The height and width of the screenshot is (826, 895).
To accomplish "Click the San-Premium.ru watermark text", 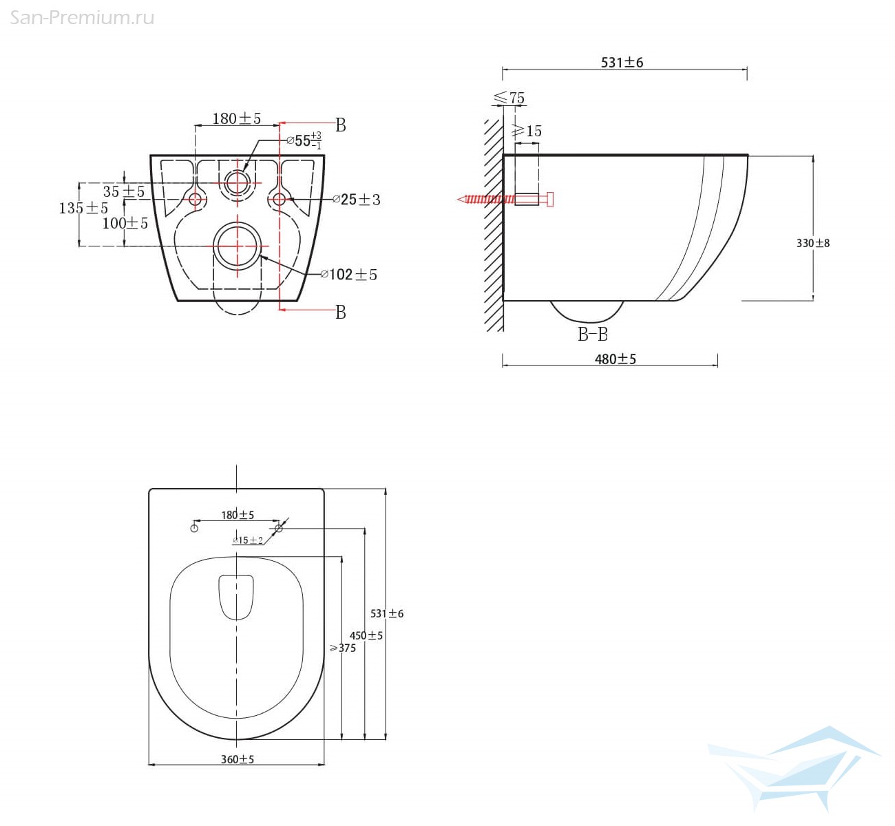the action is [82, 18].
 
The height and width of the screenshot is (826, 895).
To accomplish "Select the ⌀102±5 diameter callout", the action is [349, 275].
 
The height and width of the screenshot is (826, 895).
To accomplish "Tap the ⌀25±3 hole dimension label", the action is [357, 199].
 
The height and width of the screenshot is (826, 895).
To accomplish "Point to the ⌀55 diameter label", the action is [304, 140].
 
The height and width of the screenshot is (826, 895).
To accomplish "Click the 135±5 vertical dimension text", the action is [83, 208].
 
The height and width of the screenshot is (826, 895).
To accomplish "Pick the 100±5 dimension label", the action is [125, 223].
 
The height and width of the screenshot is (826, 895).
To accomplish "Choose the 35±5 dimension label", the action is [123, 191].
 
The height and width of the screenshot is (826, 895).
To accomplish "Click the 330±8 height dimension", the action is [813, 244].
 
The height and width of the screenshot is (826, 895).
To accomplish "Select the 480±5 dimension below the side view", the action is [615, 359].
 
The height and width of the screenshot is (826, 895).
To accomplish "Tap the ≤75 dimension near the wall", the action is [509, 97].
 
